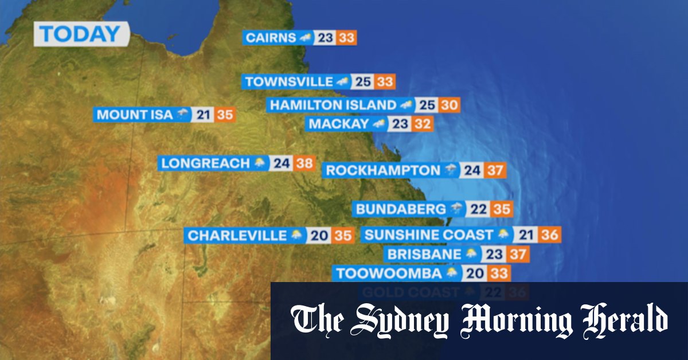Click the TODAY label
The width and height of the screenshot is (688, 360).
click(x=80, y=34)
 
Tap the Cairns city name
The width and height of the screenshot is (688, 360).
click(x=269, y=38)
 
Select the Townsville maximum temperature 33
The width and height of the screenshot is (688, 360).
click(x=385, y=82)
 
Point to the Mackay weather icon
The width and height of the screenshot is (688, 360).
click(x=378, y=124)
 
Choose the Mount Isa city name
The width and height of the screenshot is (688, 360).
click(x=134, y=115)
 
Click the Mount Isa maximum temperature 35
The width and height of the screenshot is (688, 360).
click(x=225, y=115)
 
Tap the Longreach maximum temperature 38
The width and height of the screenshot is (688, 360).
click(x=304, y=163)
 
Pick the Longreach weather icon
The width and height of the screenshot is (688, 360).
click(x=260, y=163)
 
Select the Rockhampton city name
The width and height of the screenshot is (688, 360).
click(x=382, y=170)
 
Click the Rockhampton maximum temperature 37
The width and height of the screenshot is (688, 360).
click(x=494, y=170)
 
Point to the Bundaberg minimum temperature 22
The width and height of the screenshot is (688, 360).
click(x=478, y=209)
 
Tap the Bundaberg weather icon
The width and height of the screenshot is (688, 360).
click(x=456, y=209)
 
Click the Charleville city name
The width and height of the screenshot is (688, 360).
click(x=237, y=236)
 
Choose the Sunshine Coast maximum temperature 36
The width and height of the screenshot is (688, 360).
click(x=549, y=234)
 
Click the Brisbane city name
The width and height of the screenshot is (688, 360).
click(x=424, y=254)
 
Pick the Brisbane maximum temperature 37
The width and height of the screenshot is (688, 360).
click(x=517, y=254)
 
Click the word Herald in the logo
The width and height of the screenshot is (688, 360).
click(x=624, y=320)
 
